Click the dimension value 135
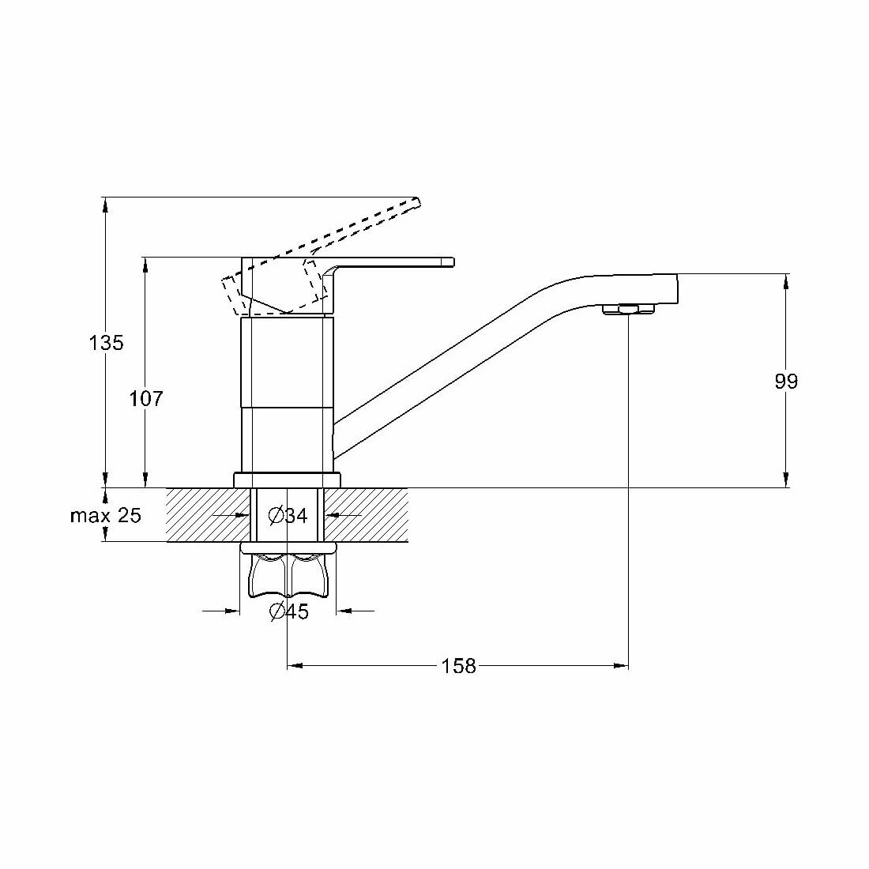click(x=106, y=343)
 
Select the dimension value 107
click(x=145, y=399)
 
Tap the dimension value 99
click(x=786, y=382)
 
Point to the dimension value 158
click(x=459, y=666)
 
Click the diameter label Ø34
click(x=288, y=516)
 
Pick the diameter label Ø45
click(x=288, y=611)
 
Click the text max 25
click(x=106, y=516)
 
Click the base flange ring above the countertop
click(x=287, y=480)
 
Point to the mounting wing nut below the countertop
click(x=287, y=575)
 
